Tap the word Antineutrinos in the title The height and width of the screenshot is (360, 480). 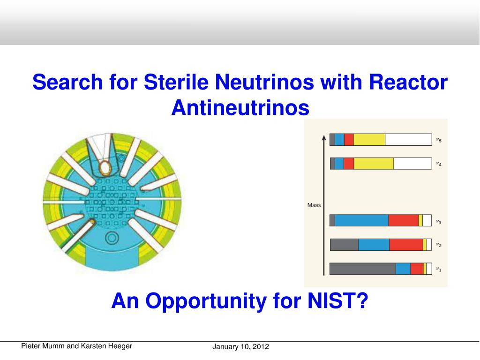[x=240, y=108]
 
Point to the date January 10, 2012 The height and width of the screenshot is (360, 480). [x=240, y=347]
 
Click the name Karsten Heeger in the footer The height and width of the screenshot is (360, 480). [x=107, y=346]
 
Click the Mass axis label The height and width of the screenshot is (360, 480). [x=314, y=205]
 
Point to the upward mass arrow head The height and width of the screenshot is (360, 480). [x=323, y=137]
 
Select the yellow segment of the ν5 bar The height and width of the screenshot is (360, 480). [x=369, y=140]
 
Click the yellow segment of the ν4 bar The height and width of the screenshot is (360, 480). [x=374, y=163]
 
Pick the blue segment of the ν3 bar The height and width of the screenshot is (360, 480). [x=361, y=220]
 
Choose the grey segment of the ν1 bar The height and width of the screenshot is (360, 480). [x=362, y=269]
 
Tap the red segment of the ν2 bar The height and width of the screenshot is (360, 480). [x=406, y=245]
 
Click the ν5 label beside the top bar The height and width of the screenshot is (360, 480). [x=438, y=140]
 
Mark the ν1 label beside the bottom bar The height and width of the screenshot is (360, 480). [x=438, y=270]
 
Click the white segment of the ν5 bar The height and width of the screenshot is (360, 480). [x=408, y=140]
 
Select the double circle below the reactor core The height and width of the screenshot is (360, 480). [x=112, y=238]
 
